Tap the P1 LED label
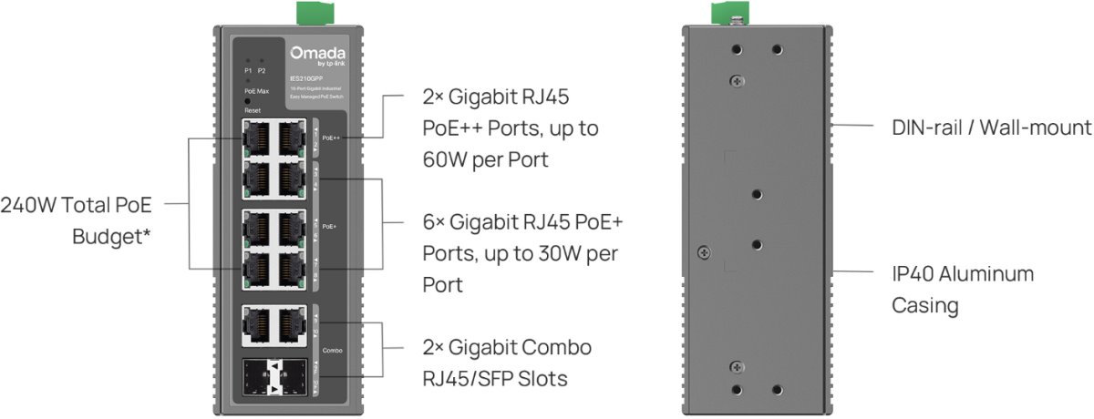248,70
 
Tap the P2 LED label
262,70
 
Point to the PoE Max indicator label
256,91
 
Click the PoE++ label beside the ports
331,138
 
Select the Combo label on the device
331,348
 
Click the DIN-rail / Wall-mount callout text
991,127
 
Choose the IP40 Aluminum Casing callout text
962,289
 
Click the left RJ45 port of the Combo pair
259,324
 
